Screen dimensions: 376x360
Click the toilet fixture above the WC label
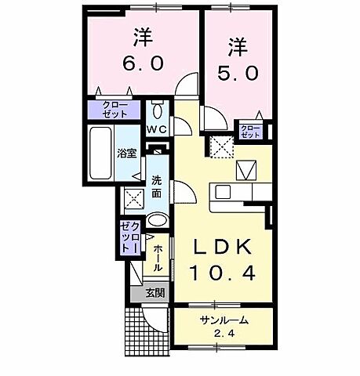pyautogui.click(x=156, y=107)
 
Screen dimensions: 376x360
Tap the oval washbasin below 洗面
pyautogui.click(x=157, y=221)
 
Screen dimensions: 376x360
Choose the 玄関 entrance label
pyautogui.click(x=155, y=294)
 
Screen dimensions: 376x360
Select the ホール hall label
pyautogui.click(x=158, y=257)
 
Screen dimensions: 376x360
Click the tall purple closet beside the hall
pyautogui.click(x=129, y=236)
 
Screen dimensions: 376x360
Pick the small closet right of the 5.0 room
pyautogui.click(x=250, y=131)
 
